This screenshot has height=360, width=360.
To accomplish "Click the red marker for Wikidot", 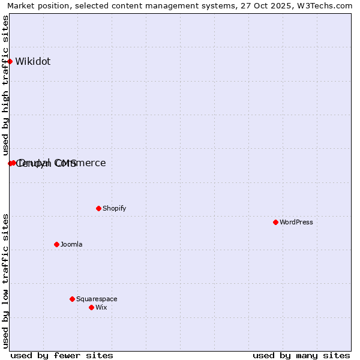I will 10,61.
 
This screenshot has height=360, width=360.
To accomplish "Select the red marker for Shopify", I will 98,208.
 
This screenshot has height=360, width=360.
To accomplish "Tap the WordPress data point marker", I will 275,222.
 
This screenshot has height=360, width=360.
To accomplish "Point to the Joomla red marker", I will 56,244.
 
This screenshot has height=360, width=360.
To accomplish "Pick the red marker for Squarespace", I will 72,299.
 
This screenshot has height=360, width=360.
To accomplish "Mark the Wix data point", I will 91,307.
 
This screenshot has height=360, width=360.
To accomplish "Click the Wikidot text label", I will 33,61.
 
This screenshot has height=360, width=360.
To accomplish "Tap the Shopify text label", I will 114,208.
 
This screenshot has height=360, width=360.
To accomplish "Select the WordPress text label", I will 296,222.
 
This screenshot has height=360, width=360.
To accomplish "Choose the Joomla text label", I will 71,244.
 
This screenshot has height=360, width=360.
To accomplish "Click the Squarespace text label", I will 97,299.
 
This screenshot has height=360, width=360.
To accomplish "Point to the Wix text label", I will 101,307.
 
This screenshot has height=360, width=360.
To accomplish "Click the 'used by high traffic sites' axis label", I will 5,86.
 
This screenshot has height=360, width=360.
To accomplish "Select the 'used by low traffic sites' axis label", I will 5,281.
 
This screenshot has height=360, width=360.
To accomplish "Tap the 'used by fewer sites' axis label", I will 62,355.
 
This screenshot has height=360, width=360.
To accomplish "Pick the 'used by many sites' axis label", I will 301,355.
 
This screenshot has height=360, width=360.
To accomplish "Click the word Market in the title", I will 22,5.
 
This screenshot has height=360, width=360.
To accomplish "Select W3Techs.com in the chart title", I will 327,5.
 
